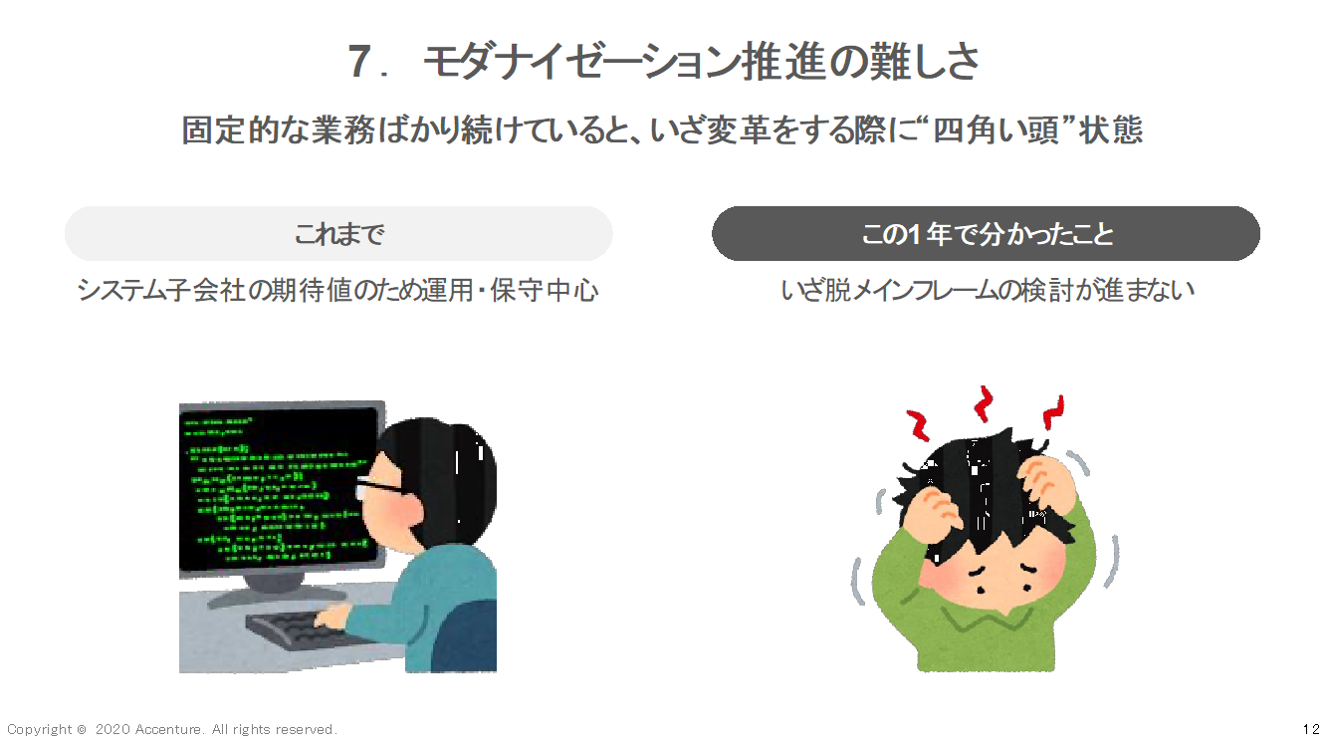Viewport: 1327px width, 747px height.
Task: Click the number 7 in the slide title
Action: [x=360, y=62]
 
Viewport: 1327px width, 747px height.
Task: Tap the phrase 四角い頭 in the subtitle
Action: [x=995, y=129]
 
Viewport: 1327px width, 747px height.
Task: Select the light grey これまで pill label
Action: [x=338, y=234]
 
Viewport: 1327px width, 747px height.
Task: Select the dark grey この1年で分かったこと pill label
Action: [x=986, y=234]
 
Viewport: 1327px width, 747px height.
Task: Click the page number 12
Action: [x=1311, y=729]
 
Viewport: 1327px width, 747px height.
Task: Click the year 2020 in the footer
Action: [x=113, y=729]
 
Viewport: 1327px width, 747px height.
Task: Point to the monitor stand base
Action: [x=275, y=596]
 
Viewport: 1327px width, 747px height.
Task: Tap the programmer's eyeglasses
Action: [x=379, y=484]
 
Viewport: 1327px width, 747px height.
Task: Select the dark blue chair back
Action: [x=464, y=637]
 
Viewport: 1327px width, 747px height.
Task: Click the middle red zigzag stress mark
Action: [x=984, y=403]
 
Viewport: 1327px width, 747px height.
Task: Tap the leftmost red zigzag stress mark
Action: [x=919, y=424]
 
